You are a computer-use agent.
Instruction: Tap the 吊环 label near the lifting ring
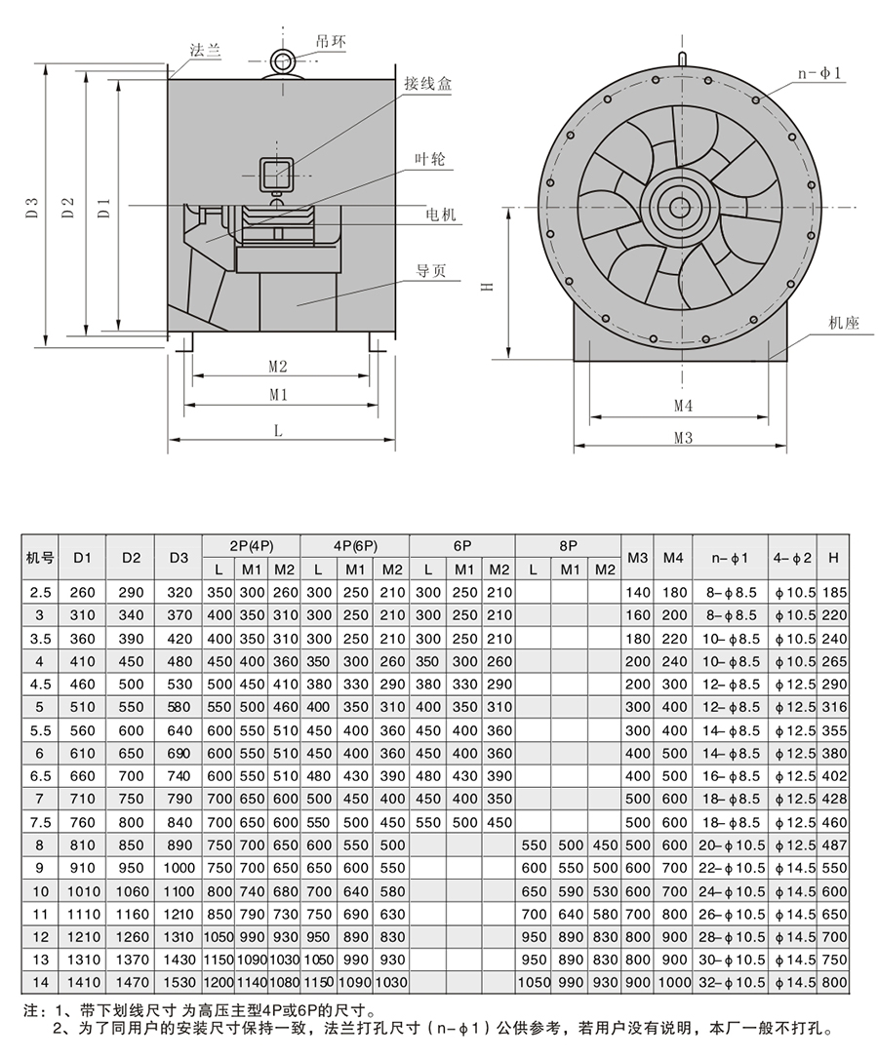[x=330, y=42]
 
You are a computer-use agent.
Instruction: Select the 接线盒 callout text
[x=428, y=84]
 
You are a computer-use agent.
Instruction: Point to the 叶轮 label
[x=429, y=159]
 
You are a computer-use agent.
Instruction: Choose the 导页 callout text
[x=431, y=271]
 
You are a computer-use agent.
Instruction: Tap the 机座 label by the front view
[x=844, y=323]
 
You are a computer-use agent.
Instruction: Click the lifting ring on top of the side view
[x=284, y=60]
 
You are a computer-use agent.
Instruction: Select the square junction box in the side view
[x=277, y=175]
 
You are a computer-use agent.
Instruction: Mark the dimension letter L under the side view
[x=278, y=429]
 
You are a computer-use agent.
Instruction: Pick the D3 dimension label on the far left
[x=32, y=207]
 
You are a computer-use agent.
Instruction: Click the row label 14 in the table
[x=40, y=982]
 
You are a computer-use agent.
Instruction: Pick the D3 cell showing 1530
[x=178, y=982]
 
